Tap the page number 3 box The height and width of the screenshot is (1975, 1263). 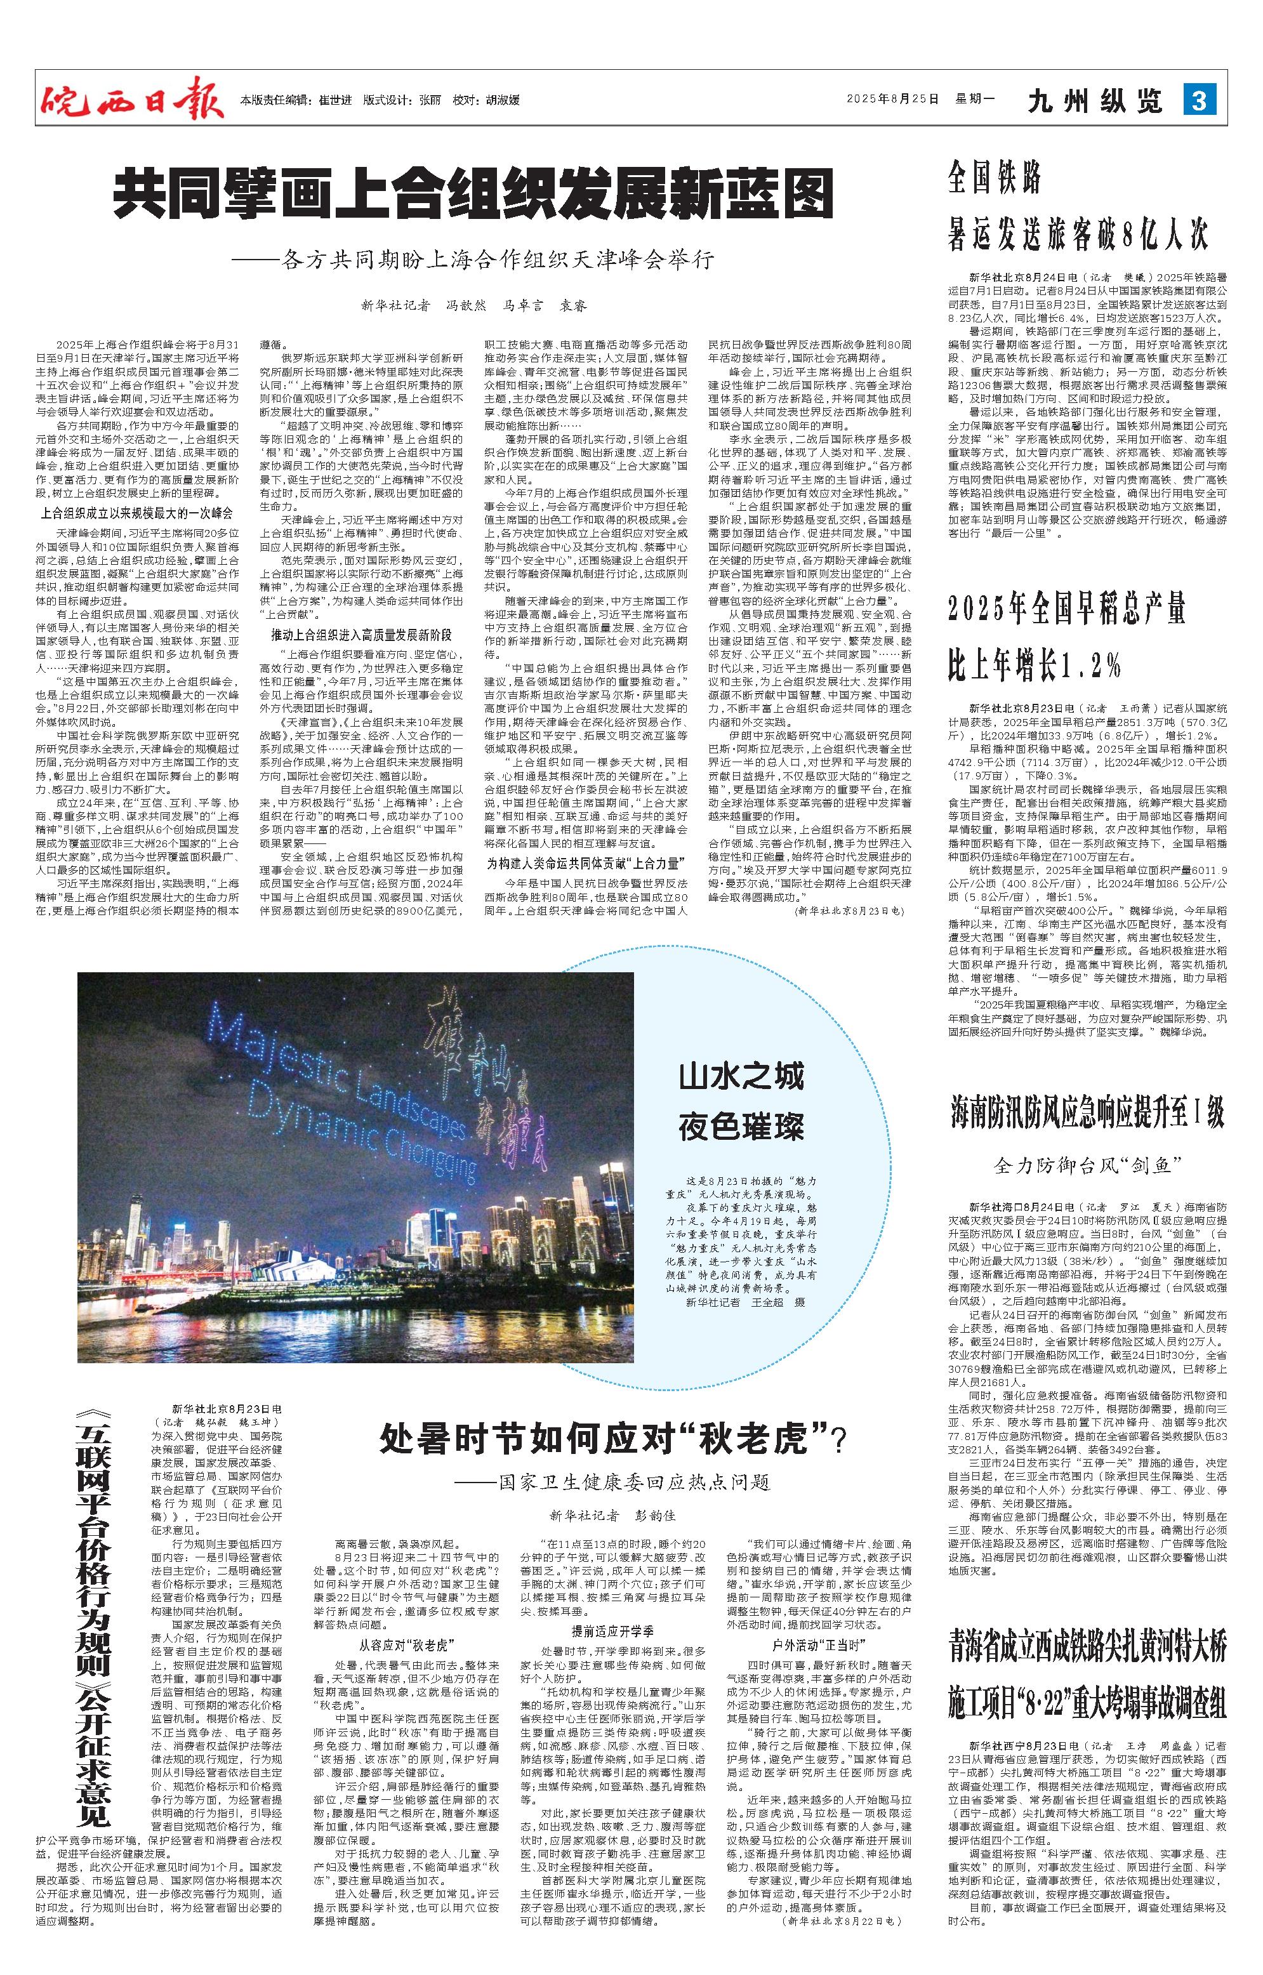1199,101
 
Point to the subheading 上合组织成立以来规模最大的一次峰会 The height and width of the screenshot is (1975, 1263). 137,513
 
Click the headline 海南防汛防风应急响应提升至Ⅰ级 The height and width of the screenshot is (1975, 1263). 1088,1113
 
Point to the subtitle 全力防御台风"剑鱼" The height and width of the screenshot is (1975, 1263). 1087,1165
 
